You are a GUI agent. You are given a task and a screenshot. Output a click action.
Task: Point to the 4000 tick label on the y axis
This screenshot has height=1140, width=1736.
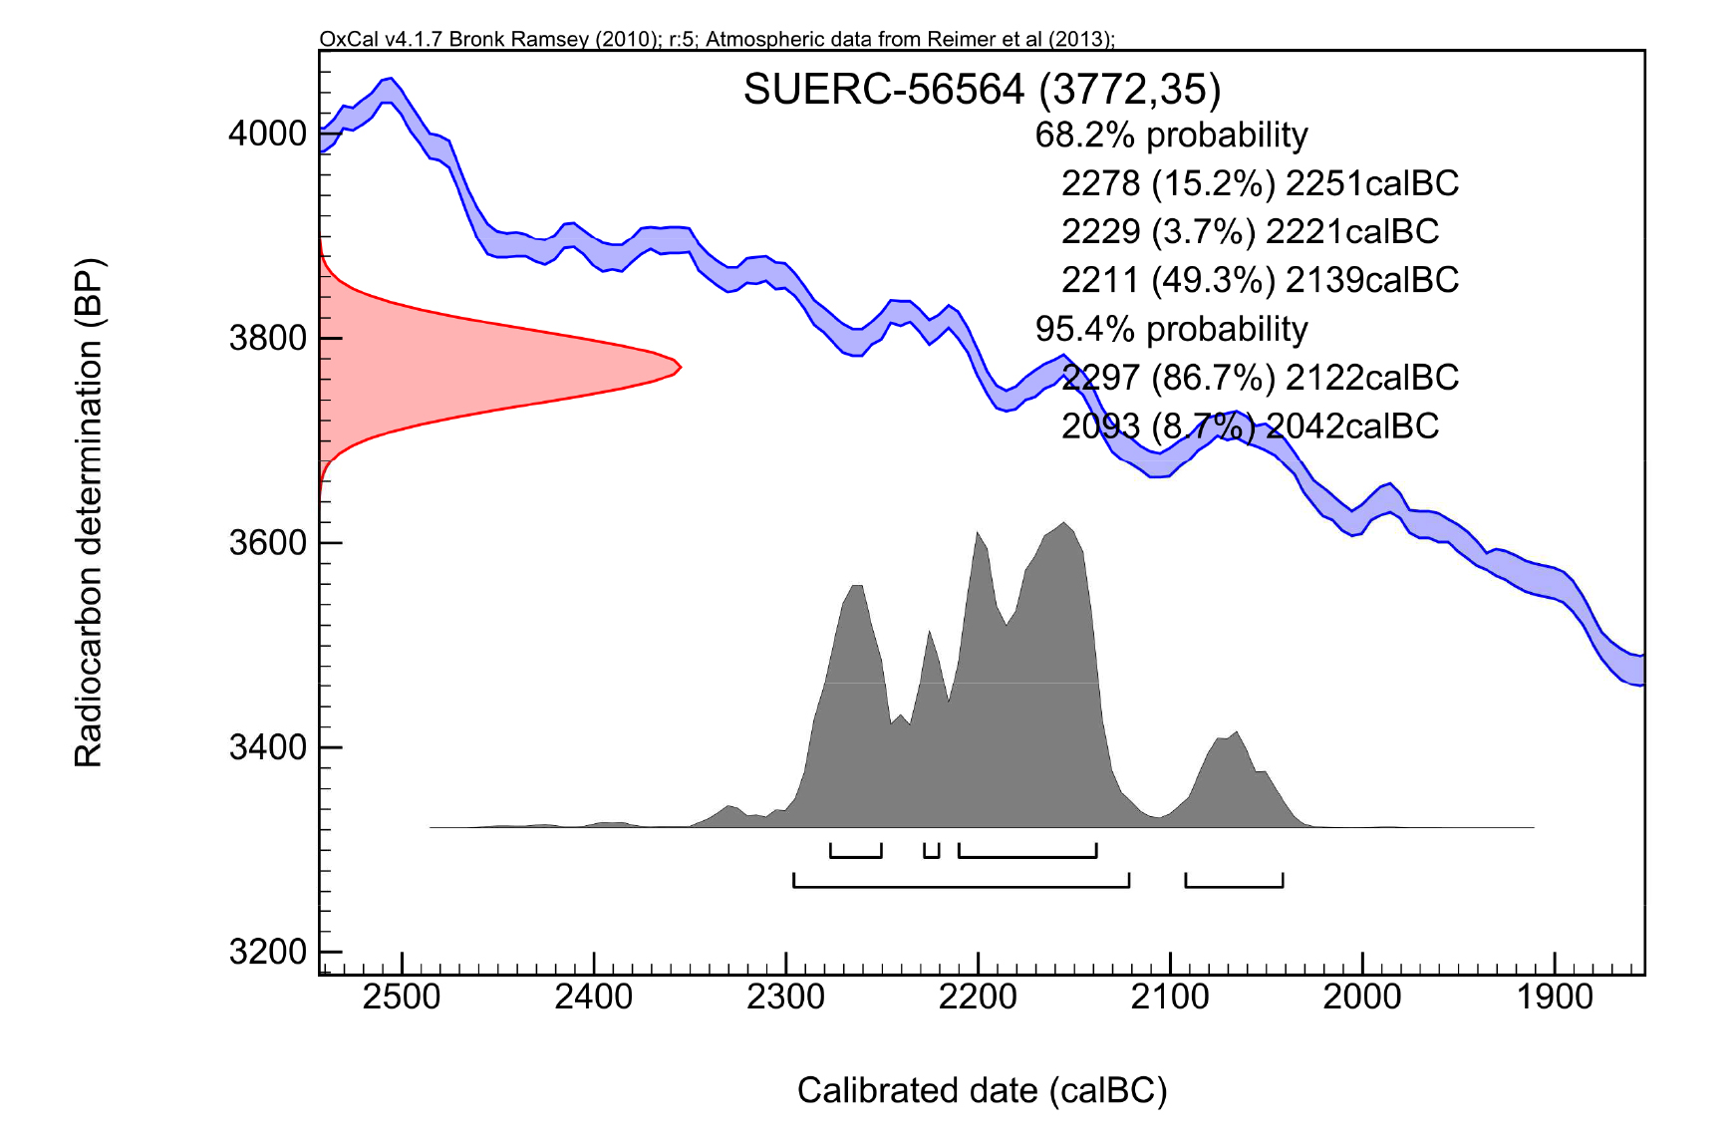tap(267, 134)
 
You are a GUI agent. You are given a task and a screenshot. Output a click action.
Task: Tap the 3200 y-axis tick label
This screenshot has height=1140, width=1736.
tap(267, 952)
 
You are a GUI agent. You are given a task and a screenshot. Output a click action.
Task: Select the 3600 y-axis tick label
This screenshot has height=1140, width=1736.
tap(267, 543)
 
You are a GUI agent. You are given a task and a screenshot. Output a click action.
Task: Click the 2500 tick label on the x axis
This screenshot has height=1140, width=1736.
tap(402, 997)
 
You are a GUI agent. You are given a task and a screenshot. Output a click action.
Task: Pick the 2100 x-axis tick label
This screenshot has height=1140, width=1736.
tap(1170, 997)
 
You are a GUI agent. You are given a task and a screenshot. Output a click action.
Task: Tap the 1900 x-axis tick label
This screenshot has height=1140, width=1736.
tap(1555, 997)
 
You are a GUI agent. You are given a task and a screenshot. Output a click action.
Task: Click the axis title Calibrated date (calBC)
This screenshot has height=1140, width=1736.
tap(982, 1090)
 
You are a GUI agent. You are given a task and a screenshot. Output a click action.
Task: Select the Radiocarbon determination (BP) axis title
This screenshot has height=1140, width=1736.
tap(89, 514)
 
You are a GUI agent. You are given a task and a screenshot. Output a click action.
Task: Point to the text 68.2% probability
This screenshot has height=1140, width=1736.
tap(1171, 135)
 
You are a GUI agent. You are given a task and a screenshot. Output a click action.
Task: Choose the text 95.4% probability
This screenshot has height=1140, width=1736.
tap(1171, 329)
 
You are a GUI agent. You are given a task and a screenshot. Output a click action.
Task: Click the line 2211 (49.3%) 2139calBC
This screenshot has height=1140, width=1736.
tap(1260, 280)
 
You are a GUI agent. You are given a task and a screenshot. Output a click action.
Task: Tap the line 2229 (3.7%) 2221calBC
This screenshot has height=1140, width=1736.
tap(1250, 231)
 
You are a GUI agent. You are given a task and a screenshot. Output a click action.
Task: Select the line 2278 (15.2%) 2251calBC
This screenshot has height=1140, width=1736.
tap(1260, 183)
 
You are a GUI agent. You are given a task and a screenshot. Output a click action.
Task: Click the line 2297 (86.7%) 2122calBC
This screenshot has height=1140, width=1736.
tap(1260, 378)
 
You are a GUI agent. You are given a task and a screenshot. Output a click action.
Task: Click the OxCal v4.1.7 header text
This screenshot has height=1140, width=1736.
tap(717, 39)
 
